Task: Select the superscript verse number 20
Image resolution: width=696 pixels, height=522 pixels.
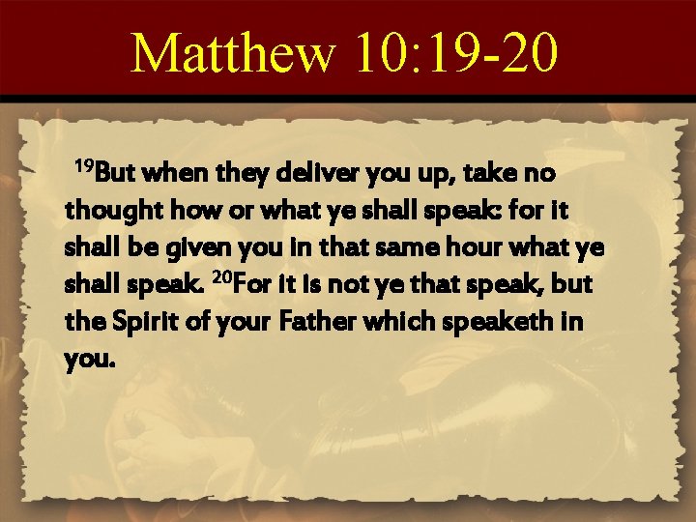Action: (222, 278)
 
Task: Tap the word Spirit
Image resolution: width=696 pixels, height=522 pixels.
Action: (135, 320)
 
